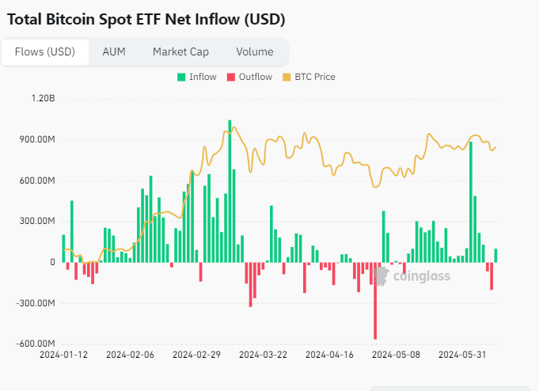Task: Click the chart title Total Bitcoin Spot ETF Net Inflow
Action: (146, 19)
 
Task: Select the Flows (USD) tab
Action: (45, 52)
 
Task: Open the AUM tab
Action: (113, 52)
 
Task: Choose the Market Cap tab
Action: (180, 52)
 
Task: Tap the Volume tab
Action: (254, 52)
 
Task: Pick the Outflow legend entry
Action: (249, 77)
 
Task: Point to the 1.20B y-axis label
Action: (43, 99)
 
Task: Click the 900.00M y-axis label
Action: (37, 139)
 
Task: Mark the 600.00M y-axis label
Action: (37, 180)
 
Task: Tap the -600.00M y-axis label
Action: (36, 344)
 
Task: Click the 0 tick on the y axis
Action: (52, 262)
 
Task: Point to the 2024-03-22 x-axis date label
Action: (263, 355)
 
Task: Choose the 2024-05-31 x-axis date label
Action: (463, 355)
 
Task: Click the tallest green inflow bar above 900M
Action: (230, 190)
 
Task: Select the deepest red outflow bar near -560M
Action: (375, 301)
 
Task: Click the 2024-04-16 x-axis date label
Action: (329, 355)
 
